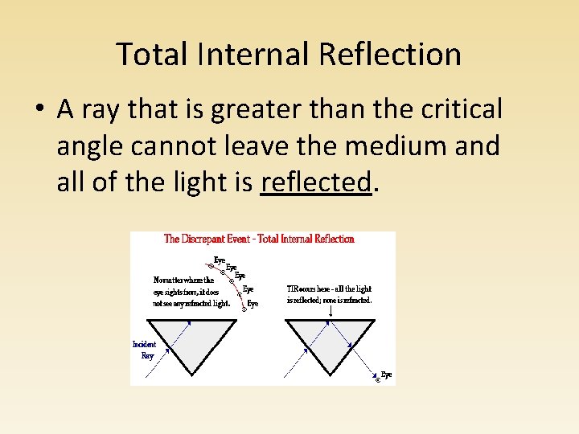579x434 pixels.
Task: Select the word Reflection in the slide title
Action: pyautogui.click(x=391, y=55)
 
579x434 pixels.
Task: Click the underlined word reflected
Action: pyautogui.click(x=317, y=182)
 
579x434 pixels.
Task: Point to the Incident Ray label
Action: pyautogui.click(x=145, y=350)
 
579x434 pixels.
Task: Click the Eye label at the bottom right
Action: pyautogui.click(x=387, y=375)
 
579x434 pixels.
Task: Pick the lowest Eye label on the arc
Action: pyautogui.click(x=253, y=304)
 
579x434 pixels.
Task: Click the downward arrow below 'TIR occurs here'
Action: pyautogui.click(x=330, y=310)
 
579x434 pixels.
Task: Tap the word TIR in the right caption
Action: pyautogui.click(x=294, y=289)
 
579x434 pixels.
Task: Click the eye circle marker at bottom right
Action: pyautogui.click(x=378, y=379)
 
